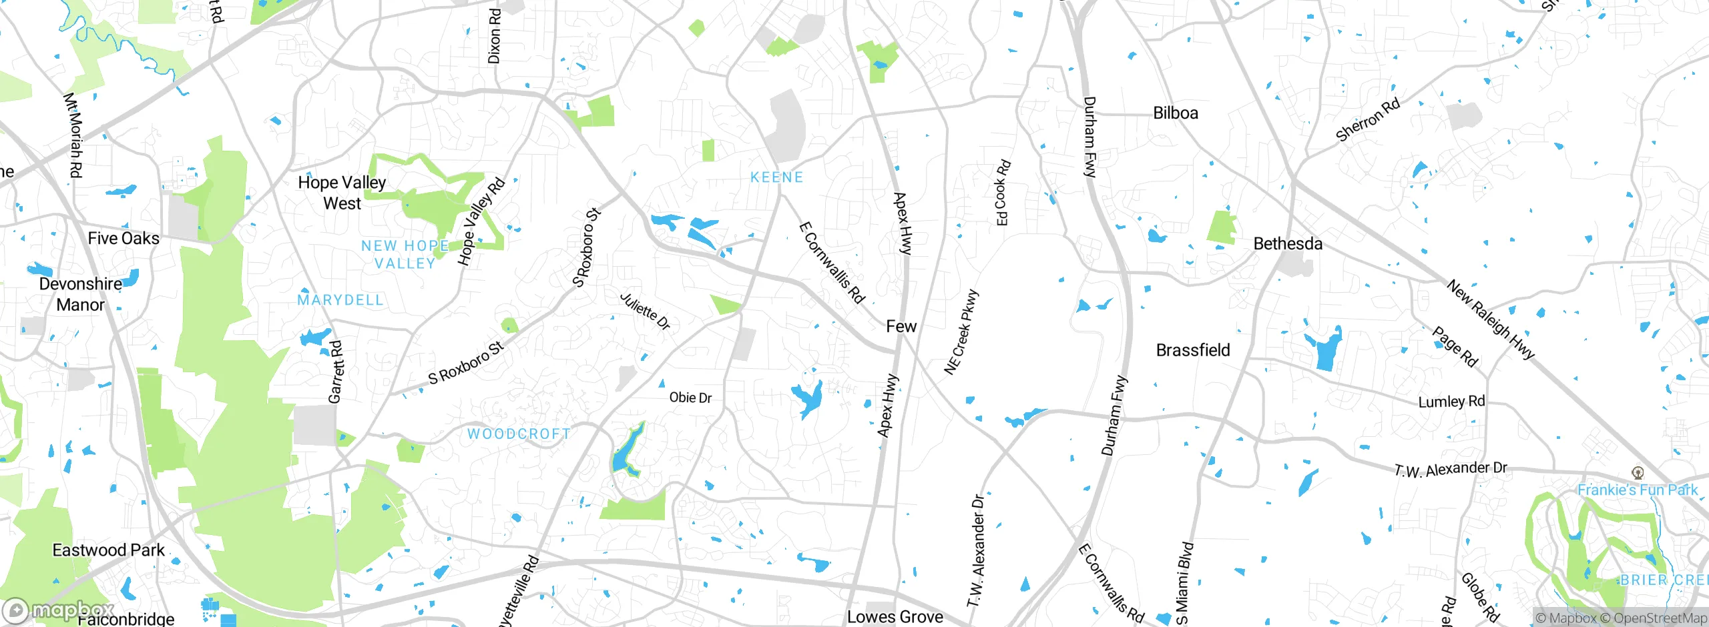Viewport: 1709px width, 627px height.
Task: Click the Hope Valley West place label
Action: (x=342, y=193)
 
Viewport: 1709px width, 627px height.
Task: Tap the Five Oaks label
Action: (x=124, y=238)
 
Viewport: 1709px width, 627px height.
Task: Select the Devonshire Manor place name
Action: (x=80, y=294)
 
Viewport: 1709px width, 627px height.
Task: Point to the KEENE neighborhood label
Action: (x=776, y=177)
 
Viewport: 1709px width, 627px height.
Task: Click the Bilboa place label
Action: (x=1175, y=113)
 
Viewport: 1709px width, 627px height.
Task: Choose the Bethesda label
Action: (x=1287, y=243)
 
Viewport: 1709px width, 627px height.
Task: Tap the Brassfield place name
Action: (x=1192, y=350)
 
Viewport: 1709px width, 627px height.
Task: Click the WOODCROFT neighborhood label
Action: (x=519, y=434)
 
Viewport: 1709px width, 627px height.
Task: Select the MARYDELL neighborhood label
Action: (x=340, y=300)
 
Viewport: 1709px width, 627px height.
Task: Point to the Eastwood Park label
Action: (x=108, y=550)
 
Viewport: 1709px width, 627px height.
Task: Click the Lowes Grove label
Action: (x=895, y=617)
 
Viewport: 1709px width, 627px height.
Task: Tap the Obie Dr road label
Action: (x=690, y=398)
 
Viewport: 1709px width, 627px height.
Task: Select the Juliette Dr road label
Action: (x=645, y=311)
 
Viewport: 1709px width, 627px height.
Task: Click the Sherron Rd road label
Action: (x=1367, y=120)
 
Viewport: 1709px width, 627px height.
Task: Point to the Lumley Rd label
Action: (x=1451, y=402)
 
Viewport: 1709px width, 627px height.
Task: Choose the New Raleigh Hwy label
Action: (x=1490, y=320)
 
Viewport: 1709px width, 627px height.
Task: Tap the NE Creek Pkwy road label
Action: (x=961, y=332)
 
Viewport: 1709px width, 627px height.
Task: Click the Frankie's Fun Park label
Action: (x=1637, y=490)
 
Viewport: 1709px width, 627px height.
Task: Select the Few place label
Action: (x=901, y=326)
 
